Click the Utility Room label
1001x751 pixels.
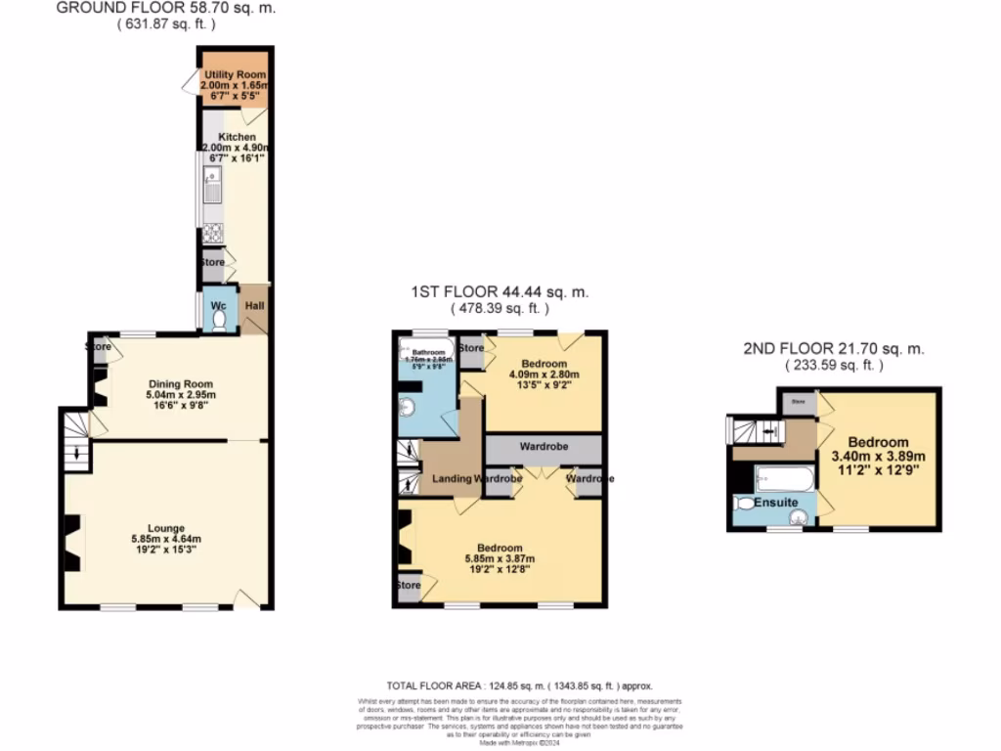[x=235, y=74]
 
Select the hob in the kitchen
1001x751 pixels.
[x=212, y=234]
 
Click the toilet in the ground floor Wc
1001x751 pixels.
[x=219, y=320]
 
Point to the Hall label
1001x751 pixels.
[x=254, y=305]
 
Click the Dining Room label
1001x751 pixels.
[x=180, y=384]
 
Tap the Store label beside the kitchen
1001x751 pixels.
[x=212, y=262]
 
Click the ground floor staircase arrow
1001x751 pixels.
[x=77, y=450]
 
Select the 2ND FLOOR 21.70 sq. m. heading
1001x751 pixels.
[x=833, y=349]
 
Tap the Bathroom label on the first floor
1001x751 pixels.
[x=428, y=352]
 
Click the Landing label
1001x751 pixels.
[x=453, y=479]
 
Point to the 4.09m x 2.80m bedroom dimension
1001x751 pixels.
[x=544, y=375]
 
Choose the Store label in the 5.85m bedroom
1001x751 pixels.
[x=408, y=586]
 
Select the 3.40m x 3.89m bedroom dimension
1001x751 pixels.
[x=878, y=456]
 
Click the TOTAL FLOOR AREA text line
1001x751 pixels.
[x=519, y=686]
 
